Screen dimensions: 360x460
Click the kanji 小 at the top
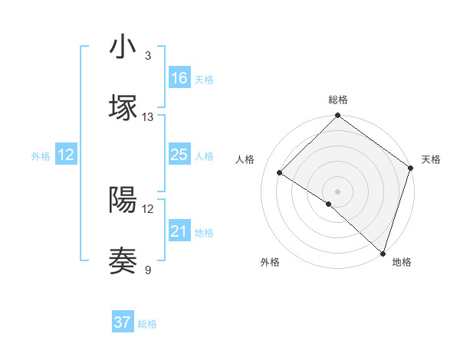[123, 47]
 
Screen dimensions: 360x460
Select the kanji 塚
[123, 107]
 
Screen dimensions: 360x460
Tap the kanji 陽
[123, 200]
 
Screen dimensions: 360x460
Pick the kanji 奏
[123, 260]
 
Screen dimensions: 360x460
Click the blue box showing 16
[179, 77]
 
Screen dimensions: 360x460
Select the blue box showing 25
[179, 155]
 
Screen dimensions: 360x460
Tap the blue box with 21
[179, 231]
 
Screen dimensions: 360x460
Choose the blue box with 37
[123, 322]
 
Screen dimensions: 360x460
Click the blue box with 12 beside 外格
[66, 155]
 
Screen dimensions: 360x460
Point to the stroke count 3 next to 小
[147, 56]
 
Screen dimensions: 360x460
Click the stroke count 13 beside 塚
[148, 116]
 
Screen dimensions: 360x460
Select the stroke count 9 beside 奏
[148, 270]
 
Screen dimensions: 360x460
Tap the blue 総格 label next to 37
[147, 324]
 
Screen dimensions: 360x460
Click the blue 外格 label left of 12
[41, 155]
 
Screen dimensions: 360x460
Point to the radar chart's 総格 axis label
[337, 100]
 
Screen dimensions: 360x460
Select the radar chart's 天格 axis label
[431, 159]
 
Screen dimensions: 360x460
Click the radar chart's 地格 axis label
[402, 262]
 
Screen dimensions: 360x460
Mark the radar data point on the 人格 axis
[281, 173]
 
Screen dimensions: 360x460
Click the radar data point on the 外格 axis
[329, 204]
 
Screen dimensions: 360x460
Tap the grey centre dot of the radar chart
[337, 191]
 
